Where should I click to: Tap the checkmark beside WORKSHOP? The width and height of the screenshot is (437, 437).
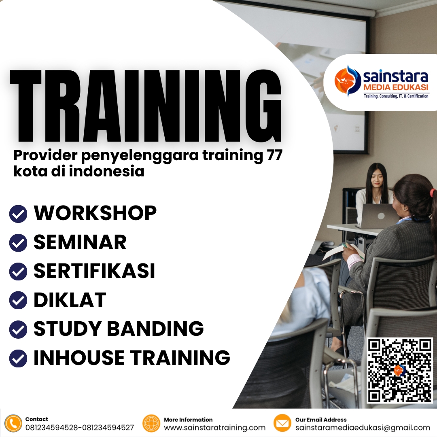(18, 214)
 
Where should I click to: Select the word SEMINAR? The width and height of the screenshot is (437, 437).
(80, 242)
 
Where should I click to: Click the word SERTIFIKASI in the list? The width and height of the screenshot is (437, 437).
(94, 271)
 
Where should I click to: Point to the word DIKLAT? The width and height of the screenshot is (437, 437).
(70, 300)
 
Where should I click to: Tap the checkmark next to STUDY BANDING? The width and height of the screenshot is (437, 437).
(18, 329)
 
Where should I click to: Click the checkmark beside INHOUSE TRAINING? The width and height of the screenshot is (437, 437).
(18, 358)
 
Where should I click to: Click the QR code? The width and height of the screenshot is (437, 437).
(399, 370)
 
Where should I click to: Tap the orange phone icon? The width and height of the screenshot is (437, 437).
(13, 423)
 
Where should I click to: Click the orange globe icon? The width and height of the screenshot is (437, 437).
(151, 423)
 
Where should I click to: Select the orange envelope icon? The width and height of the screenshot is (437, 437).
(282, 423)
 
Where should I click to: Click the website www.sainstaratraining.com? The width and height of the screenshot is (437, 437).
(214, 428)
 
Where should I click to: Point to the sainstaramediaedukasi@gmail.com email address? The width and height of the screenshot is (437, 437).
(363, 428)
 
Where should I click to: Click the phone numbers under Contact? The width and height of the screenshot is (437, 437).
(79, 428)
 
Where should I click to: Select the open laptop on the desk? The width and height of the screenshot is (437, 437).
(378, 216)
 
